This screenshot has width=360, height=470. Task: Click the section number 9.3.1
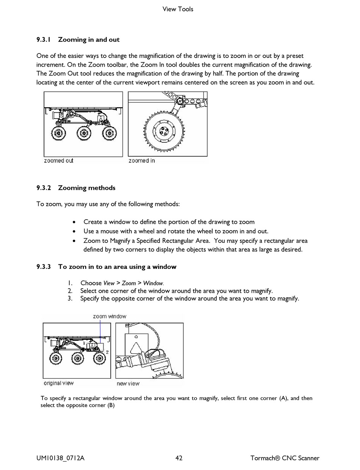point(44,40)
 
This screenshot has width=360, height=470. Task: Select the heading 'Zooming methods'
point(86,188)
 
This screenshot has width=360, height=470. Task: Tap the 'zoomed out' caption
point(59,161)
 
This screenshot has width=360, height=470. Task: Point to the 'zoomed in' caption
point(142,161)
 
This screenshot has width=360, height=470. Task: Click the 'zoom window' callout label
point(110,316)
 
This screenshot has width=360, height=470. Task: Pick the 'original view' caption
point(58,383)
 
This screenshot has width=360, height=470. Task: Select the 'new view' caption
point(128,384)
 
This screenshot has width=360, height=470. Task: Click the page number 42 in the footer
point(179,458)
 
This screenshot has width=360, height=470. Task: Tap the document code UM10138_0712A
point(60,458)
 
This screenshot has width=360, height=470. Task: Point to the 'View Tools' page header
point(178,9)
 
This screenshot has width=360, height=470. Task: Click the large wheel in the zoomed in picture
point(164,131)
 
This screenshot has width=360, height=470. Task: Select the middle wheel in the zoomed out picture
point(84,133)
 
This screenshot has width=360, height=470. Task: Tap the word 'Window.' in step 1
point(153,283)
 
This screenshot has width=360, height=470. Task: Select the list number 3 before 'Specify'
point(70,298)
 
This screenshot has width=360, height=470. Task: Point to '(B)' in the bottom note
point(111,405)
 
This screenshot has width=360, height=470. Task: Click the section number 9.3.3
point(44,267)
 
